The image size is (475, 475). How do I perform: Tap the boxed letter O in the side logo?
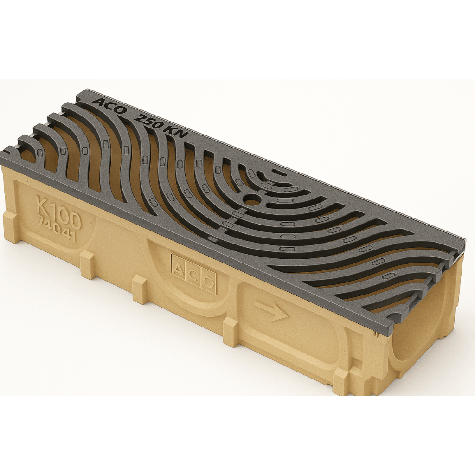coord(209,281)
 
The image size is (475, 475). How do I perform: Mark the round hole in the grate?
coord(252,200)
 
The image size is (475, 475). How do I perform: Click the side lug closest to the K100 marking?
coord(88,264)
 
